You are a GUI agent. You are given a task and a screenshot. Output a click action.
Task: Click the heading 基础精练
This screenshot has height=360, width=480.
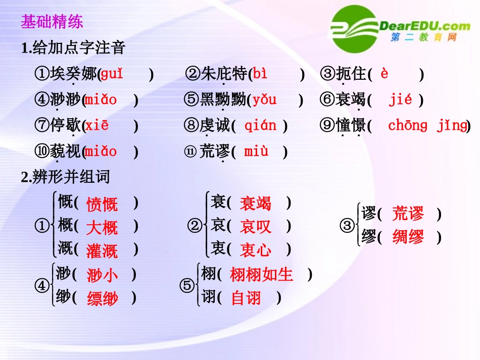coord(52,22)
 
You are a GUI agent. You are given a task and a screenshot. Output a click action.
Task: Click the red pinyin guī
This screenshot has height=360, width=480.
coord(112,74)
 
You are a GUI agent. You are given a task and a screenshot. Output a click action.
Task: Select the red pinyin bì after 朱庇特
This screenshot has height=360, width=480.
coord(260,74)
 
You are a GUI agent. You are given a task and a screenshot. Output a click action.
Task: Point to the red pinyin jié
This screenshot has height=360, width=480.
coord(400,99)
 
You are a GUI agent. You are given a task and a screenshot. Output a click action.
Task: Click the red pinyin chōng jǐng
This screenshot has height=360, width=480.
coord(427,125)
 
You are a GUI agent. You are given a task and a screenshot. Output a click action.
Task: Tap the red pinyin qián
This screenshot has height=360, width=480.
coord(260,125)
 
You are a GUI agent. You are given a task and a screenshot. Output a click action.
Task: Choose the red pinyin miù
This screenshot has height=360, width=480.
coord(256,151)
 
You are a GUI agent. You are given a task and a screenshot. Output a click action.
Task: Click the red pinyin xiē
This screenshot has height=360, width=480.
coord(97,125)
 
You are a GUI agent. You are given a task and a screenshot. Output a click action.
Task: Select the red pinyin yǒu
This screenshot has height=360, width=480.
coord(265,99)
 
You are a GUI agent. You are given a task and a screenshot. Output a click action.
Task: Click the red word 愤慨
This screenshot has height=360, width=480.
coord(102,204)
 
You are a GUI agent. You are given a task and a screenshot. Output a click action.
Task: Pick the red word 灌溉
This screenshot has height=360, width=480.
coord(102,250)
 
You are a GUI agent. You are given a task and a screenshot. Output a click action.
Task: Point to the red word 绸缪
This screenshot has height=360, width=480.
coord(408,237)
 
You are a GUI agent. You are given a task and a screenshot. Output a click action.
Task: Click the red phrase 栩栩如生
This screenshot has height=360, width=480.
coord(261,275)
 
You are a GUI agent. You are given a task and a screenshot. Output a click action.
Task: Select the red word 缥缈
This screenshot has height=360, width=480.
coord(102,298)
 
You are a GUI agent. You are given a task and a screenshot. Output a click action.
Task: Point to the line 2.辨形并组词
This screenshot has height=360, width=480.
coord(66,177)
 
